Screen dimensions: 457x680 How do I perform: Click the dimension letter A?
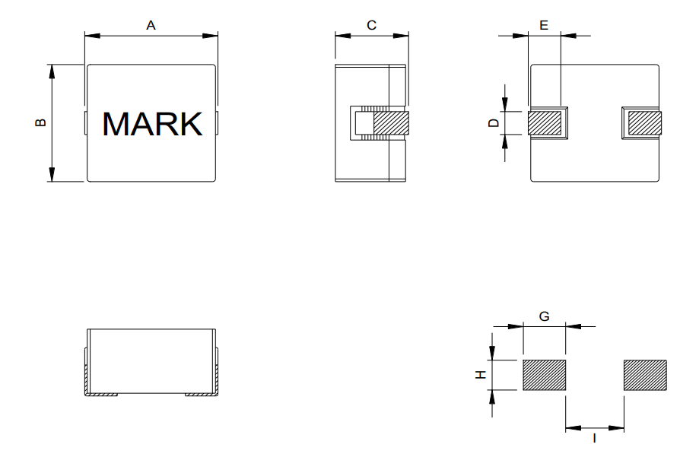tap(151, 26)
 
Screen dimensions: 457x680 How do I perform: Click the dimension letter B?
tap(41, 122)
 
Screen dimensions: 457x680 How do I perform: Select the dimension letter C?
tap(371, 26)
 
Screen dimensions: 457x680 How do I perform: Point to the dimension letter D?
tap(494, 122)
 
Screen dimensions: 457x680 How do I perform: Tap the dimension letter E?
tap(543, 26)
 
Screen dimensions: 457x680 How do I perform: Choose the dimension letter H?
tap(480, 374)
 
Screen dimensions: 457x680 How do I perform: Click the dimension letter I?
tap(594, 439)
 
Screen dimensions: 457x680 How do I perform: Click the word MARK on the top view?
tap(152, 124)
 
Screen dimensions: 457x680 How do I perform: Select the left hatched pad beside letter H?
tap(544, 375)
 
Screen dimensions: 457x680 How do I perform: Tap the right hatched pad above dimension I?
tap(645, 375)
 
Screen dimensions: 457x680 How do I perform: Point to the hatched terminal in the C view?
tap(390, 123)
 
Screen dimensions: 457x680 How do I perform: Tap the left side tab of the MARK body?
tap(85, 123)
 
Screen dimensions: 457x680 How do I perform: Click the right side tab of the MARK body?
tap(218, 123)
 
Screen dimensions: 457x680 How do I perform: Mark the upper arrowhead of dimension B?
tap(52, 70)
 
